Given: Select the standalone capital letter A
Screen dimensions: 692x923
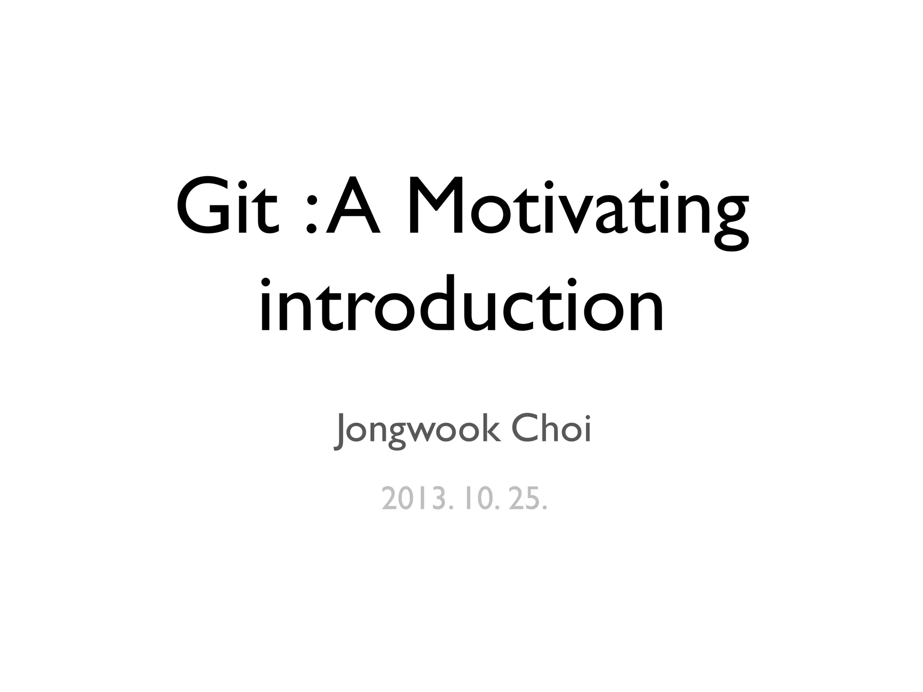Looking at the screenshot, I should (x=352, y=206).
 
